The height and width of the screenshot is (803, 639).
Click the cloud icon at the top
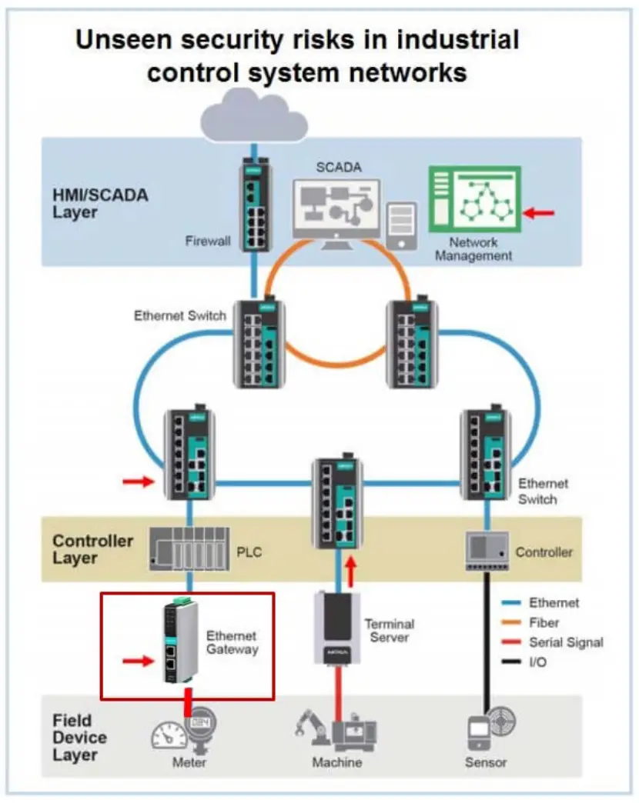253,115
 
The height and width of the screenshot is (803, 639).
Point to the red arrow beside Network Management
539,212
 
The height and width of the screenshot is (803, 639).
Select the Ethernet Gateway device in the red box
180,643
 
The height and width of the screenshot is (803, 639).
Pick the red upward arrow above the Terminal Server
352,570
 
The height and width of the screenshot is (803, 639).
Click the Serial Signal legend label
566,642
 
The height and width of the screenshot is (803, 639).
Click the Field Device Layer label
80,738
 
